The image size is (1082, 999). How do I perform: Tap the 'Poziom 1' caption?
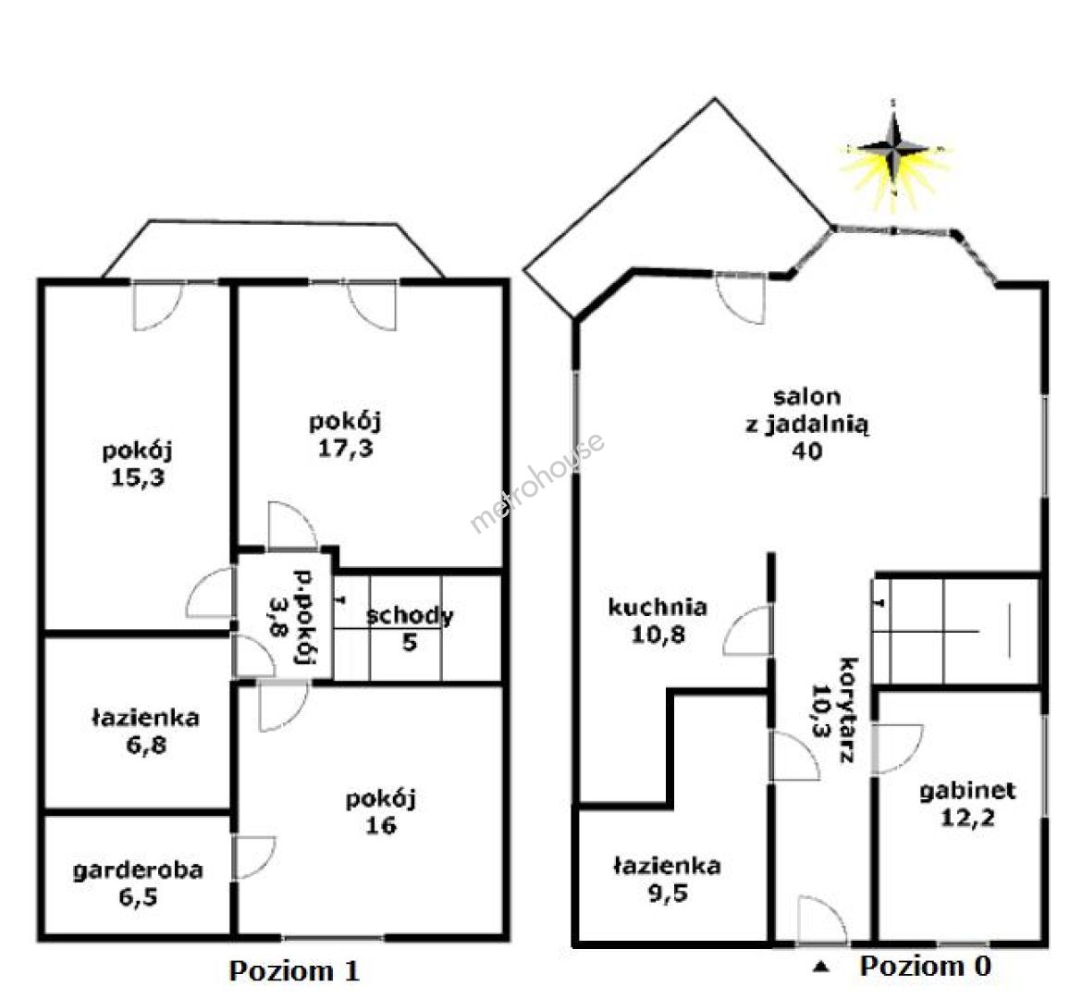(295, 970)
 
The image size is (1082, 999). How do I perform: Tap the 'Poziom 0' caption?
(926, 966)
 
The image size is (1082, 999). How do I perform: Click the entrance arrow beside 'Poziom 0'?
(820, 967)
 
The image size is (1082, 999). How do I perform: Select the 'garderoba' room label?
(138, 869)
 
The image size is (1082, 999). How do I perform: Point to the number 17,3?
(345, 448)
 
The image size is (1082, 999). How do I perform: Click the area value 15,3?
(138, 477)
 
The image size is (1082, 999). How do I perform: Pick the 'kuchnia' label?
(658, 607)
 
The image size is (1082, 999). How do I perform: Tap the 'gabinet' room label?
(967, 791)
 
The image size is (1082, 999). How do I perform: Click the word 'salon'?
(806, 396)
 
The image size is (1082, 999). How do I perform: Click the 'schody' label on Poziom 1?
(410, 616)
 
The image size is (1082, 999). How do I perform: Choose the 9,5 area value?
(668, 894)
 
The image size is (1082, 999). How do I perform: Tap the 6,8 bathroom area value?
(145, 745)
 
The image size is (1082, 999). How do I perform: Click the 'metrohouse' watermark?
(537, 482)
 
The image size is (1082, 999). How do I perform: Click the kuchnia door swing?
(746, 630)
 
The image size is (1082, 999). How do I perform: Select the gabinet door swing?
(900, 749)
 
